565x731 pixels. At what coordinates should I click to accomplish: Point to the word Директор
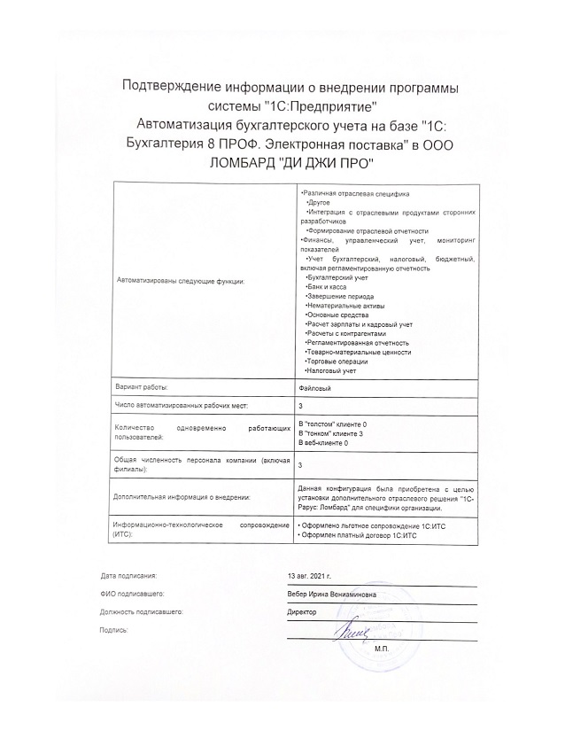[x=303, y=611]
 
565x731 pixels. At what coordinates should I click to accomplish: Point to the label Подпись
[x=114, y=629]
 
